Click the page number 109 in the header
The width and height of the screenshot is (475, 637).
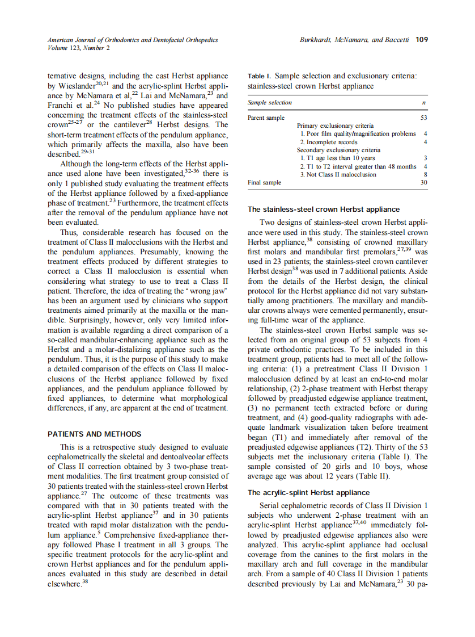(421, 40)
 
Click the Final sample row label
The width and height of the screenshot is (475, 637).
(265, 182)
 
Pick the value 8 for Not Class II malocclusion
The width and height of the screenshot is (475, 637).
(425, 174)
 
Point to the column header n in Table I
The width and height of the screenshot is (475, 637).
(424, 102)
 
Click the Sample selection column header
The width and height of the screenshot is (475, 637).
(270, 102)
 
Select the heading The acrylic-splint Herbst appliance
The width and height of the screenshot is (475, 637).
(308, 492)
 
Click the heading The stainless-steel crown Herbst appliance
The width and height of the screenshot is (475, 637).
(323, 209)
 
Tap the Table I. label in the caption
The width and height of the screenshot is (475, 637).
(260, 76)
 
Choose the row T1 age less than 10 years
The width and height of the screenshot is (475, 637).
(337, 158)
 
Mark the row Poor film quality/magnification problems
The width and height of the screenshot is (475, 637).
(358, 133)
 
